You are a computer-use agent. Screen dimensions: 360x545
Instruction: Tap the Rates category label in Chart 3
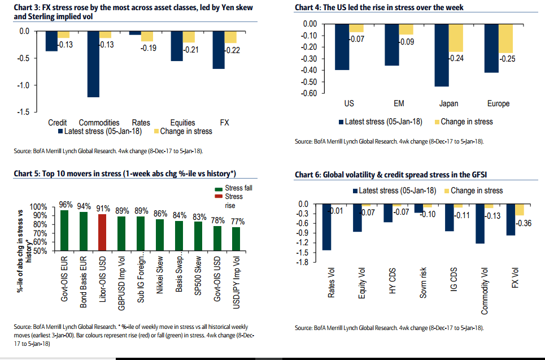[141, 123]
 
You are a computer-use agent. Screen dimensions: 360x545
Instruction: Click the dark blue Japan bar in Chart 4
[441, 55]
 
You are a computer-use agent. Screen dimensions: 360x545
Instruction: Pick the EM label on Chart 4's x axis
[398, 103]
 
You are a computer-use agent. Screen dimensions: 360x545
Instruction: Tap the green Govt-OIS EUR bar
[64, 230]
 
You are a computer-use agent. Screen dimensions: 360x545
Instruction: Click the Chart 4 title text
[379, 8]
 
